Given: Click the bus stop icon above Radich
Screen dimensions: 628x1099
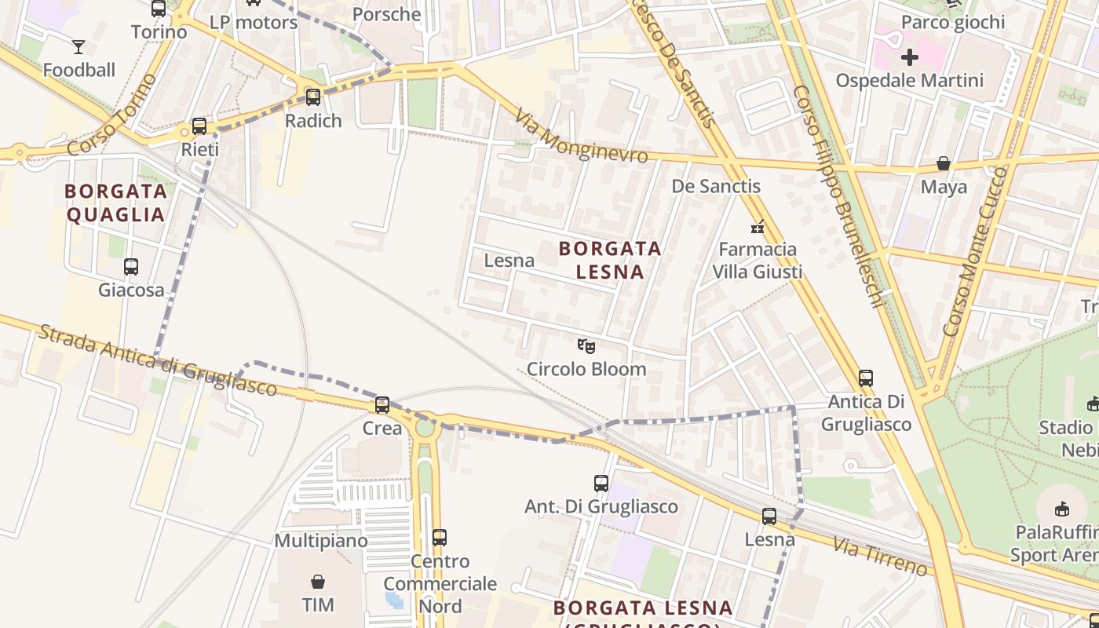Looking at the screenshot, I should [313, 97].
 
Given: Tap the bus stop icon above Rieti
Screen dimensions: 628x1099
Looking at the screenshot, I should [199, 126].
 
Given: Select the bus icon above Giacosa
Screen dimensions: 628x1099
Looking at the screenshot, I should [131, 267].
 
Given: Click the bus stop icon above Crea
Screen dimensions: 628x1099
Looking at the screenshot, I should [382, 405].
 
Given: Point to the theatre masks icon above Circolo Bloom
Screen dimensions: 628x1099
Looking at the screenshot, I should [586, 345].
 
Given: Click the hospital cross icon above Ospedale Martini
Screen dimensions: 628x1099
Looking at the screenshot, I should [910, 57].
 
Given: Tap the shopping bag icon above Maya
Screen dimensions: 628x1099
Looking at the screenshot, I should [944, 164].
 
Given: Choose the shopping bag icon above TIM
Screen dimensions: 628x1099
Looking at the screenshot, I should [318, 582].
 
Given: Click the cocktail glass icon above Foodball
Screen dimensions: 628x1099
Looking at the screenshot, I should [78, 47].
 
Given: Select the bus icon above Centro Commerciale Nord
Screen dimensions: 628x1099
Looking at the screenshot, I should [440, 538].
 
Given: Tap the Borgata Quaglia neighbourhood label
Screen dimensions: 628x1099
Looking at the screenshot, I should [116, 203].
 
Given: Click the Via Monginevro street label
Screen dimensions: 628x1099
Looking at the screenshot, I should [582, 137].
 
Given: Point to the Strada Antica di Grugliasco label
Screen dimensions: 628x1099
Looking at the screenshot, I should [157, 360].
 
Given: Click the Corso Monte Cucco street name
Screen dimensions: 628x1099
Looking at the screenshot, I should [975, 252].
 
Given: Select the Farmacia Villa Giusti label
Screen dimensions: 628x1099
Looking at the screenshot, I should [758, 261].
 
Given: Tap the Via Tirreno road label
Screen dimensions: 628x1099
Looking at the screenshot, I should [880, 555].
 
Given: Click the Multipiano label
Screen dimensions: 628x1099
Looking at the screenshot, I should [321, 541].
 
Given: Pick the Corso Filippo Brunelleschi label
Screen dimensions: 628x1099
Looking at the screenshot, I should [839, 196].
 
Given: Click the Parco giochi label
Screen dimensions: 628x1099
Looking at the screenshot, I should [953, 22].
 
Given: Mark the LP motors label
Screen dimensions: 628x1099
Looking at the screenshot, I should [254, 22].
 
